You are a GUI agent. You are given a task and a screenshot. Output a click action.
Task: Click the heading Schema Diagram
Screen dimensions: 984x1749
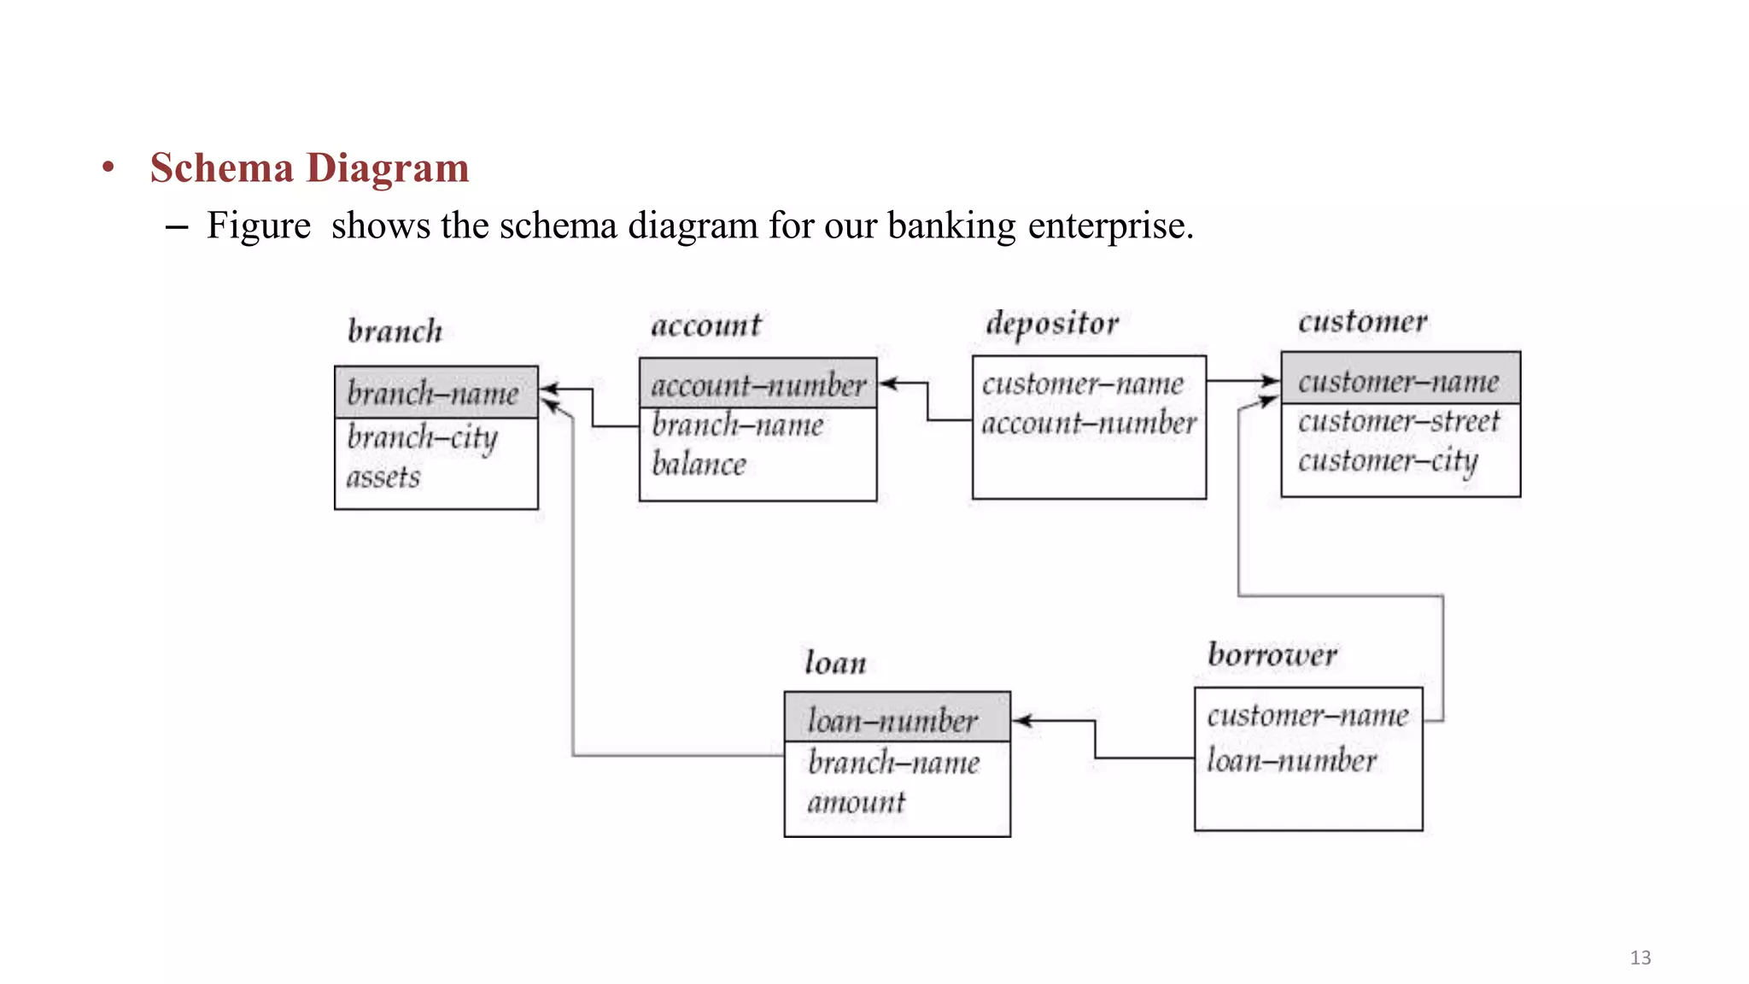309,167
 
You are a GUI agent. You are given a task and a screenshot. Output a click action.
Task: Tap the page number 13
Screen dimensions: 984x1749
1640,958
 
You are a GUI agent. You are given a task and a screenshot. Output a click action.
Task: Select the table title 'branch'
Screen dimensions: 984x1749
395,331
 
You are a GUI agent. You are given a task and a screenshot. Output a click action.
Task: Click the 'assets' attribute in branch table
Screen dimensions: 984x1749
383,477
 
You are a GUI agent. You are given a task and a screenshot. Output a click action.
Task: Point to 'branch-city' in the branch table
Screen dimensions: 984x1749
422,438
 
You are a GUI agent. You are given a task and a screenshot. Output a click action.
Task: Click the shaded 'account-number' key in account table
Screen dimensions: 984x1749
758,385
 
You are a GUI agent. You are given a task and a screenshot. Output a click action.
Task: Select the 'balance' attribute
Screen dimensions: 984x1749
699,465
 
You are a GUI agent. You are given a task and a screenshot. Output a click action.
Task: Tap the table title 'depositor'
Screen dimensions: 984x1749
1052,324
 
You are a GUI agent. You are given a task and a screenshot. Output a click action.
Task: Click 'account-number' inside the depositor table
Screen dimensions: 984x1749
1089,423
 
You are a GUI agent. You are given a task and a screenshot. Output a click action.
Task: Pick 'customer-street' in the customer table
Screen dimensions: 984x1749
1399,421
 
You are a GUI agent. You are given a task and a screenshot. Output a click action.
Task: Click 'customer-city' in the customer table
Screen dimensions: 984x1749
1388,461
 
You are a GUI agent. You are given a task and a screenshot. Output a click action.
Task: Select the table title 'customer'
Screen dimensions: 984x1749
1362,322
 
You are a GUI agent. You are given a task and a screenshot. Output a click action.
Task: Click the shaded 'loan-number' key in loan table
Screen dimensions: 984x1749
892,721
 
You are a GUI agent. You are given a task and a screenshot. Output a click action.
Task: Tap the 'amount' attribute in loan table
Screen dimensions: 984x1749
856,802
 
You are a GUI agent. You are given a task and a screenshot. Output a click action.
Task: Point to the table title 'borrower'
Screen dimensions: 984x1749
1272,655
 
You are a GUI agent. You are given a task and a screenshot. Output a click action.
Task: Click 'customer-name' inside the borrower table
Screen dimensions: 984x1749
1307,715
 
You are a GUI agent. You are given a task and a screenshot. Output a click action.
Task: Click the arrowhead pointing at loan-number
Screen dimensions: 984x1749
1021,721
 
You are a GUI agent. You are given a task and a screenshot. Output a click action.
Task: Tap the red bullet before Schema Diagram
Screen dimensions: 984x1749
108,167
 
